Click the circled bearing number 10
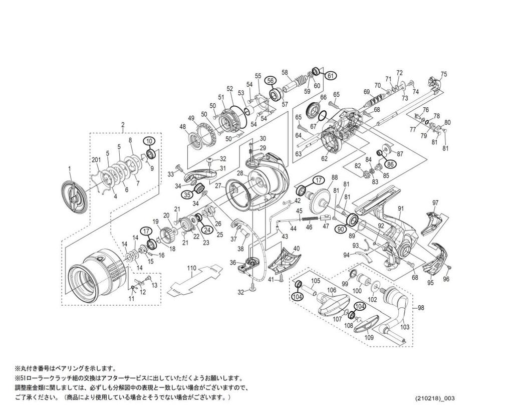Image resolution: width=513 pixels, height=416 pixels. [x=149, y=141]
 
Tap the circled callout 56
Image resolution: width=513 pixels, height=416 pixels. [x=270, y=81]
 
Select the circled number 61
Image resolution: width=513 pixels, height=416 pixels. [x=330, y=76]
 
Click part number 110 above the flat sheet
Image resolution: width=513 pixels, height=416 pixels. [x=192, y=269]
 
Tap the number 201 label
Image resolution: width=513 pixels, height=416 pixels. [x=97, y=159]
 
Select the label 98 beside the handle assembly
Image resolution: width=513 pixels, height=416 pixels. [x=420, y=307]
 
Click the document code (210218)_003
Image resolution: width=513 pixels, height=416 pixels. [x=435, y=399]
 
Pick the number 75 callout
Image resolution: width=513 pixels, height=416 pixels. [x=443, y=74]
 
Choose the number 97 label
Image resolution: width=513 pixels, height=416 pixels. [x=435, y=202]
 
